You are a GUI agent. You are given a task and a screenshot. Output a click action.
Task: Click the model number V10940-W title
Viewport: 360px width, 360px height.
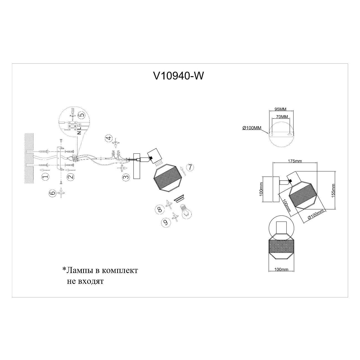(178, 76)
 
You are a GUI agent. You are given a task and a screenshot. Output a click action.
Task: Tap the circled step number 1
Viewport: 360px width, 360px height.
(45, 176)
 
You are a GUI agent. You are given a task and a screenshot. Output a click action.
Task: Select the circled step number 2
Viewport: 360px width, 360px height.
(71, 177)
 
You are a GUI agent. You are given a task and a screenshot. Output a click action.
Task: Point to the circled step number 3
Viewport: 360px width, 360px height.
(126, 177)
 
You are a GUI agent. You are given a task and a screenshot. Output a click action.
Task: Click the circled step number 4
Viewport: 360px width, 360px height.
(108, 138)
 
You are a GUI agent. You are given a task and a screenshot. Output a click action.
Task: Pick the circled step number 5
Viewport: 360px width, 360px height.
(82, 115)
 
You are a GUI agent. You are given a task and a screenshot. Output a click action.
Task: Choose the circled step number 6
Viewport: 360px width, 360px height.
(53, 193)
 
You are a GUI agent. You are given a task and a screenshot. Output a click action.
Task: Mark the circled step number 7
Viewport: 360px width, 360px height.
(190, 167)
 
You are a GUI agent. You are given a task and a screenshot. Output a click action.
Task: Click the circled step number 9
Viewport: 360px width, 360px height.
(165, 222)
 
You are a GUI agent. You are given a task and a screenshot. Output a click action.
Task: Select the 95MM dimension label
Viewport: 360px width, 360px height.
(281, 109)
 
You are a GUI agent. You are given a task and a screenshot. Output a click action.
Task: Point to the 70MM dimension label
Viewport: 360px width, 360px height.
(282, 117)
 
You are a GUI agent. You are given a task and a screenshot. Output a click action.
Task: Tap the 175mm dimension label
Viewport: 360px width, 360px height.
(295, 161)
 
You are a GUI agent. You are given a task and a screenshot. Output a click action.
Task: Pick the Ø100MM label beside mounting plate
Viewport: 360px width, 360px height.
(252, 128)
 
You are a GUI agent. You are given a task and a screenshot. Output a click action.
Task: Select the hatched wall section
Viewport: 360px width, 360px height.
(29, 158)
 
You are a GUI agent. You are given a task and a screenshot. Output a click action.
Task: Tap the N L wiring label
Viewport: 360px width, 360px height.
(79, 130)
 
